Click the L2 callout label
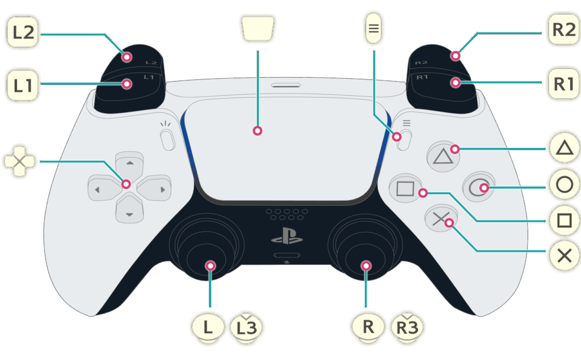[x=23, y=32]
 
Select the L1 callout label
[x=23, y=86]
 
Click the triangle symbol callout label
[x=564, y=149]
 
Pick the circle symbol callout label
[x=564, y=185]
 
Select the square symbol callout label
[x=564, y=221]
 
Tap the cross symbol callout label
[x=564, y=256]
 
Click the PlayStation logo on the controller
[x=287, y=235]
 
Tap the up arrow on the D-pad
[x=129, y=163]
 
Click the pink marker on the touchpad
[x=257, y=131]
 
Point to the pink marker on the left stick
[x=210, y=265]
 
